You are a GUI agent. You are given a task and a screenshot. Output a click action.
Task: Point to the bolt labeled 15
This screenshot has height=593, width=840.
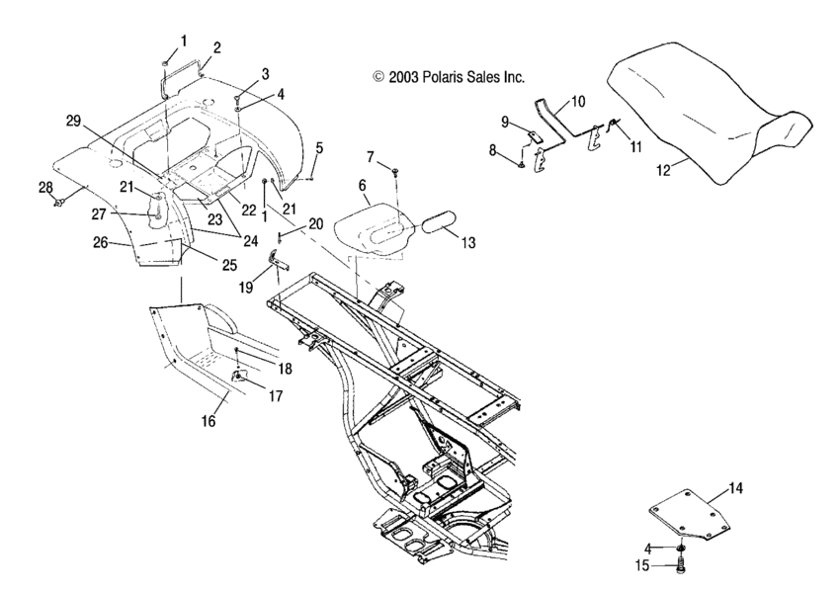click(679, 567)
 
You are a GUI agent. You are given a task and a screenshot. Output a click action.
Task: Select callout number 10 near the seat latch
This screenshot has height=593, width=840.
click(578, 101)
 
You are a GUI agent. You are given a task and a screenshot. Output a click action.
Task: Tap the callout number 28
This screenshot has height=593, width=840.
click(45, 187)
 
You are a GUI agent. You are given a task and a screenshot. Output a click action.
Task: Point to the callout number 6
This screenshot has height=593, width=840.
click(362, 184)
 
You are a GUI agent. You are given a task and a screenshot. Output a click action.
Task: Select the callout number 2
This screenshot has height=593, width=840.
click(216, 46)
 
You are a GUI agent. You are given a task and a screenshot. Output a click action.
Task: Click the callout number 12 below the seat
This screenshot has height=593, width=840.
click(662, 169)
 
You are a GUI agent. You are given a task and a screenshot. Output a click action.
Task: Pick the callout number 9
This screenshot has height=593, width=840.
click(503, 122)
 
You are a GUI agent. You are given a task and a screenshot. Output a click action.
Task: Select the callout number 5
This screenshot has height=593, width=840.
click(318, 148)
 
